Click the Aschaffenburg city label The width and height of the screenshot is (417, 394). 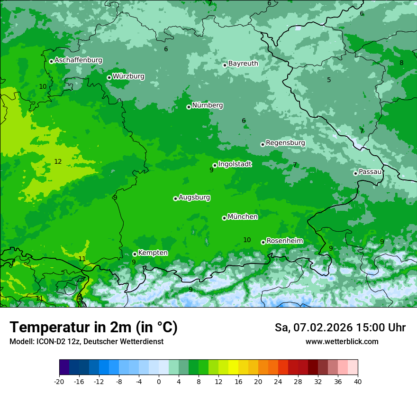(x=78, y=60)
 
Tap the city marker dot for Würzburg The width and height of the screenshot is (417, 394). (x=109, y=77)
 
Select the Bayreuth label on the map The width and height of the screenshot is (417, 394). (x=243, y=63)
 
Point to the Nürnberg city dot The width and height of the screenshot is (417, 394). (x=189, y=107)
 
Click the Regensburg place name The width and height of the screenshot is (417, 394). (x=285, y=142)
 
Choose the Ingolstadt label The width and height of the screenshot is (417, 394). (x=235, y=164)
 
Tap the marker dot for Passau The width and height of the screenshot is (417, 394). (x=355, y=173)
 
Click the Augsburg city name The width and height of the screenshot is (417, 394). (x=194, y=197)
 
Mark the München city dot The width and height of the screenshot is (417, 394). (x=224, y=218)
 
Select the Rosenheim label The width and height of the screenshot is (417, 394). (x=284, y=241)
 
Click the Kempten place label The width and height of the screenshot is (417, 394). (x=153, y=253)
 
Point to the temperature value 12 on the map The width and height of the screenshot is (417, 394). (x=58, y=161)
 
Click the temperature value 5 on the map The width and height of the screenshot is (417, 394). (x=329, y=80)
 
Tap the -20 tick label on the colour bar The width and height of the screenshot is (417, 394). (x=59, y=381)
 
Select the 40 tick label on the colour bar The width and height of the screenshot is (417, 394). (x=358, y=381)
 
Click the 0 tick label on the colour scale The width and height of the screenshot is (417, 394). (x=159, y=381)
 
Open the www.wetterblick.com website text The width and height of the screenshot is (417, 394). (x=342, y=341)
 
